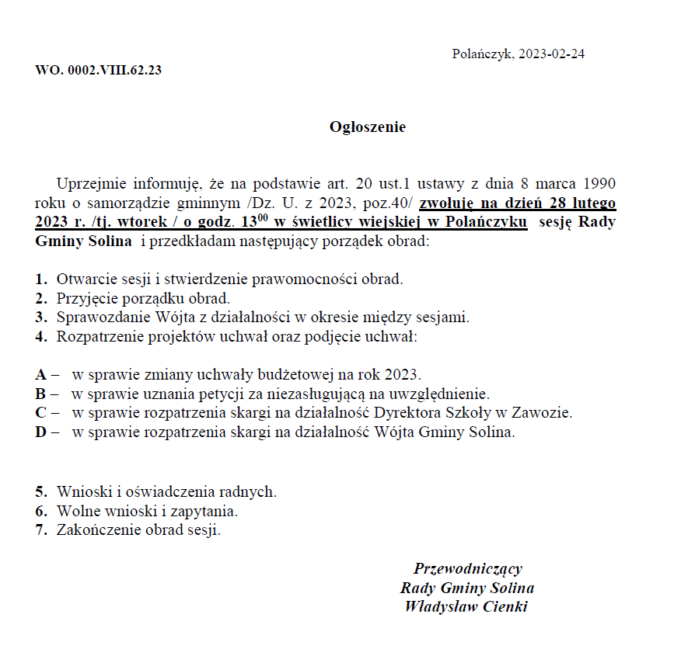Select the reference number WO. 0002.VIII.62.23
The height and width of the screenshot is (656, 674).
point(98,70)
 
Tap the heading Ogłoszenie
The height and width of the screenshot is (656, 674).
point(368,127)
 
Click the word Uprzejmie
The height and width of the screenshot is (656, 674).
point(89,184)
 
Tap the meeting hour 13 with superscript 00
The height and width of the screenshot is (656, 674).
point(253,221)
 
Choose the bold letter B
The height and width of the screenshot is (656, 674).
point(40,394)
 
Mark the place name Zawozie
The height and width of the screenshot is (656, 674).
point(543,412)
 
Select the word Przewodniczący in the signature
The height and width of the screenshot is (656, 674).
point(468,568)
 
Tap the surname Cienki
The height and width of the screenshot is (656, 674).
point(503,606)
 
